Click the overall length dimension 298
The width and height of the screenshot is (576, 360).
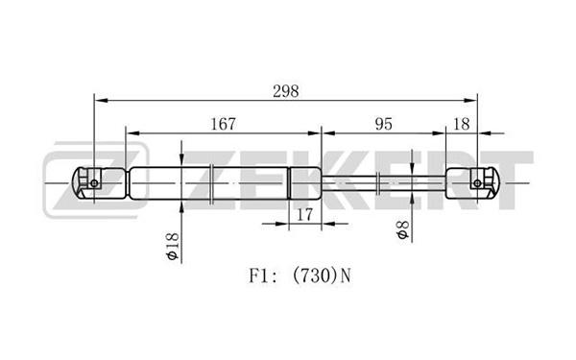point(286,91)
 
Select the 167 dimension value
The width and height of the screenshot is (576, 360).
point(223,124)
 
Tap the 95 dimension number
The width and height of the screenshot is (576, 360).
point(383,124)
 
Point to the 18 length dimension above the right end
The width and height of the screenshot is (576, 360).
point(462,124)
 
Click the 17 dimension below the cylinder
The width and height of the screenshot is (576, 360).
point(304,214)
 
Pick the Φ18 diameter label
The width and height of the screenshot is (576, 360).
point(172,247)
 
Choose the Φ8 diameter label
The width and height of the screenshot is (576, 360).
point(402,230)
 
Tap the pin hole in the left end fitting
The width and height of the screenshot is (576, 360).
point(94,183)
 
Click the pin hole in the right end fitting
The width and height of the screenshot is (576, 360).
point(477,183)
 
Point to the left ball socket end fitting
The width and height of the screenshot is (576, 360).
point(99,183)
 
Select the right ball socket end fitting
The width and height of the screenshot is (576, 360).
point(473,183)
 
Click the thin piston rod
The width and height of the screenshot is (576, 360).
point(383,183)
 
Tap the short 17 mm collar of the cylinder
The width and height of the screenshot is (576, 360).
point(305,183)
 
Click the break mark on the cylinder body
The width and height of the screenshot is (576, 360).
point(211,183)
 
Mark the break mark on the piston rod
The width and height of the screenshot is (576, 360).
point(378,183)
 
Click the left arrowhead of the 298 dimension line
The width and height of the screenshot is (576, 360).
point(102,100)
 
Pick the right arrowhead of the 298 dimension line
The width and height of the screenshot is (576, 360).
point(470,100)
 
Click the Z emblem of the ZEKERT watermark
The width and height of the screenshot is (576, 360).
point(96,180)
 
